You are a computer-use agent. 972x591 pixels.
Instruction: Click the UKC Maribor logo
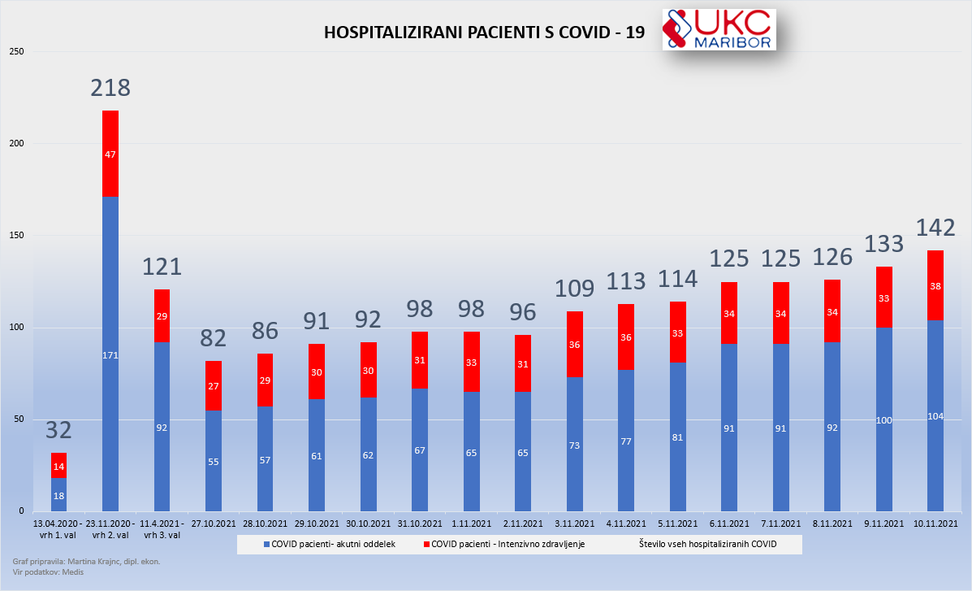(719, 30)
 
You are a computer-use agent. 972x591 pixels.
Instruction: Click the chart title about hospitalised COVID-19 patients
(484, 33)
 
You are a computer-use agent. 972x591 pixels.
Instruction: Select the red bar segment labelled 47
(110, 154)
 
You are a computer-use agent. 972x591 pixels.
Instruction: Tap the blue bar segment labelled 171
(110, 354)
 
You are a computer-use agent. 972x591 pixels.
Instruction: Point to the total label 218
(110, 88)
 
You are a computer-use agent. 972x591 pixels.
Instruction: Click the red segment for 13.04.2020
(58, 466)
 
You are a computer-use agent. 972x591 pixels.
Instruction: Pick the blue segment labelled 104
(935, 415)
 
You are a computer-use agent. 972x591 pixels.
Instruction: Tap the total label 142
(935, 228)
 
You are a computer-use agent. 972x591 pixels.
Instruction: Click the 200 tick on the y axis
(18, 144)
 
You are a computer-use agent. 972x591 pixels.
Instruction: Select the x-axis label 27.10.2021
(214, 524)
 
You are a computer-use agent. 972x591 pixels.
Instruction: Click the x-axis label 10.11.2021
(935, 524)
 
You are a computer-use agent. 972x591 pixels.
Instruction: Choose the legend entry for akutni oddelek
(323, 544)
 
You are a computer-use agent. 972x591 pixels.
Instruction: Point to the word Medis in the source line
(71, 572)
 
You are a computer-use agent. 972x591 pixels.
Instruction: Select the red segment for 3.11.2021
(575, 344)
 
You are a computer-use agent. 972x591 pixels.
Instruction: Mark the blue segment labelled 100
(883, 419)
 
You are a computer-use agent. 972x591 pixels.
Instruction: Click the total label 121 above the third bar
(162, 267)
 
